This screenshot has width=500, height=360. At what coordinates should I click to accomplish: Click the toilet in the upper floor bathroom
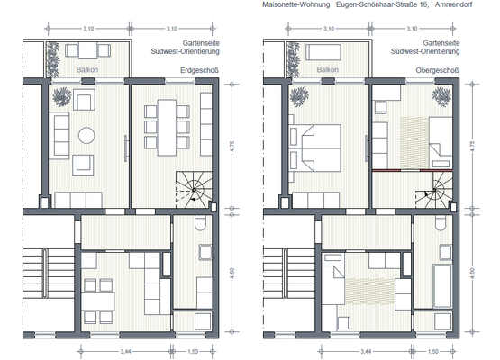(438, 225)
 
